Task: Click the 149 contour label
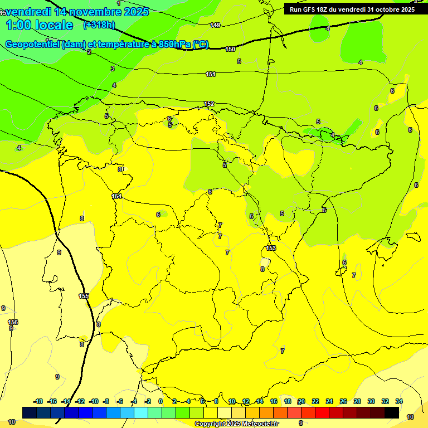click(215, 26)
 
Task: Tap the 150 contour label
click(230, 50)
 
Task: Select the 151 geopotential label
click(211, 74)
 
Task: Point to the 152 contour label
click(209, 104)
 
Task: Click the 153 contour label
click(271, 249)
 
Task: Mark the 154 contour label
click(116, 196)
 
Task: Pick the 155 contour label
click(84, 296)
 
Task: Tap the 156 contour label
click(13, 322)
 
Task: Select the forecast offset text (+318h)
click(99, 25)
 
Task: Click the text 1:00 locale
click(40, 25)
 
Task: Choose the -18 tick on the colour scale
click(38, 402)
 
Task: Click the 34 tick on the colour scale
click(399, 402)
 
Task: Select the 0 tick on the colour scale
click(160, 402)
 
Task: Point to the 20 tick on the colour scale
click(301, 402)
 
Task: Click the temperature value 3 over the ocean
click(113, 69)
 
